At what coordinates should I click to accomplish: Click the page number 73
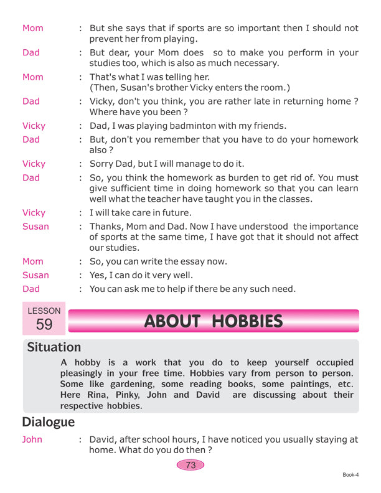[190, 464]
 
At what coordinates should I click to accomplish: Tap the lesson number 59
[44, 324]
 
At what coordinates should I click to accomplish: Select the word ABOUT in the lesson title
[171, 321]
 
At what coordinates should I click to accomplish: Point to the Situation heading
[54, 347]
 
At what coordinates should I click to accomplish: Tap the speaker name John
[32, 439]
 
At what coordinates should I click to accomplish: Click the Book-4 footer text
[351, 475]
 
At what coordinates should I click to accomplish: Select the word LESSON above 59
[44, 311]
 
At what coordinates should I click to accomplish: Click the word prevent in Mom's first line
[108, 39]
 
